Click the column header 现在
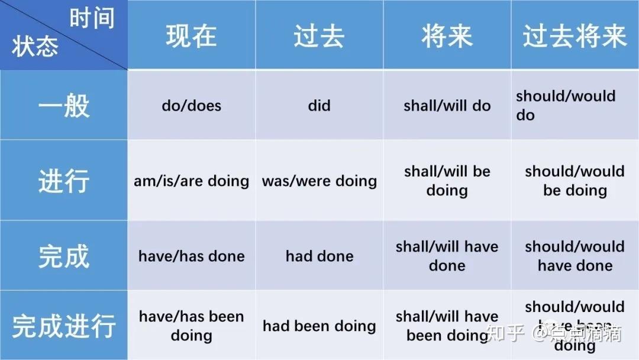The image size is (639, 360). coord(191,36)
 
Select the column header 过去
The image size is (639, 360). coord(319,36)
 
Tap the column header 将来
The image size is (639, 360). coord(447,36)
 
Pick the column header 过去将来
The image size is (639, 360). coord(575,36)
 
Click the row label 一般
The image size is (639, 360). coord(63,106)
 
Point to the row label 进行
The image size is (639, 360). coord(63,181)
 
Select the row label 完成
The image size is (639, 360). coord(63,256)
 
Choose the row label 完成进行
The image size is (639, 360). coord(63,326)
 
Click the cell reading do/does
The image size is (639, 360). coord(191,106)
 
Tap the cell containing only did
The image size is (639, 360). coord(319,106)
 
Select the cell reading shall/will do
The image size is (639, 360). coord(447,106)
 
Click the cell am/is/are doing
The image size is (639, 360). coord(191,181)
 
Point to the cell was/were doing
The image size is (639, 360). coord(319,181)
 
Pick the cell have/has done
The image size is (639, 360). coord(191,256)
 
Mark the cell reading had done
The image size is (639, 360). coord(319,256)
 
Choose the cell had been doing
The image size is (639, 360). coord(319,326)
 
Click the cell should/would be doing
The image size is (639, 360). coord(575,181)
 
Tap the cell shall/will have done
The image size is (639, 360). coord(447,256)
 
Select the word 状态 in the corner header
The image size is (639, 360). coord(34,47)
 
